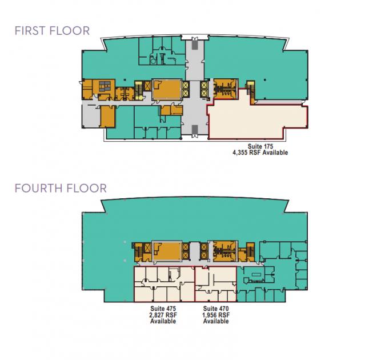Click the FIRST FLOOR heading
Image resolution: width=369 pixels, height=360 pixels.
[x=52, y=31]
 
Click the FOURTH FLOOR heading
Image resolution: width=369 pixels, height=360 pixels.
[x=61, y=188]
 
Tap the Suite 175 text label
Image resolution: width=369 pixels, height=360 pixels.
[x=260, y=146]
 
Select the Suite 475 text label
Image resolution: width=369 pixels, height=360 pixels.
[x=163, y=309]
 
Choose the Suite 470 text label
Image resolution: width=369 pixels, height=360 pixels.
[x=216, y=309]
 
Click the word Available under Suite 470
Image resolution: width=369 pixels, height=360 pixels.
[x=216, y=321]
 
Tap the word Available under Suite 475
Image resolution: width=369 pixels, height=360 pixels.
[x=163, y=321]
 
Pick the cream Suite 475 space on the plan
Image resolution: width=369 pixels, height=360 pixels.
[x=165, y=284]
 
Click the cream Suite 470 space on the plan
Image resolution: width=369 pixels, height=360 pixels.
[x=216, y=284]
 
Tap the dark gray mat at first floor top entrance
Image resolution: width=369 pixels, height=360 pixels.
[x=194, y=45]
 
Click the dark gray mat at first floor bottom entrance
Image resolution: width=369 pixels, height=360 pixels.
[x=194, y=129]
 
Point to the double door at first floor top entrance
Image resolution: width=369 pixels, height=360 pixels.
[x=194, y=39]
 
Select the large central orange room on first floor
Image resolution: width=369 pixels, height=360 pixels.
[x=167, y=90]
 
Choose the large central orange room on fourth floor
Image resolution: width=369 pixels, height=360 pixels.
[x=167, y=251]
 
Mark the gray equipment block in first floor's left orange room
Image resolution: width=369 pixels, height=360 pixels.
[x=105, y=86]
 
